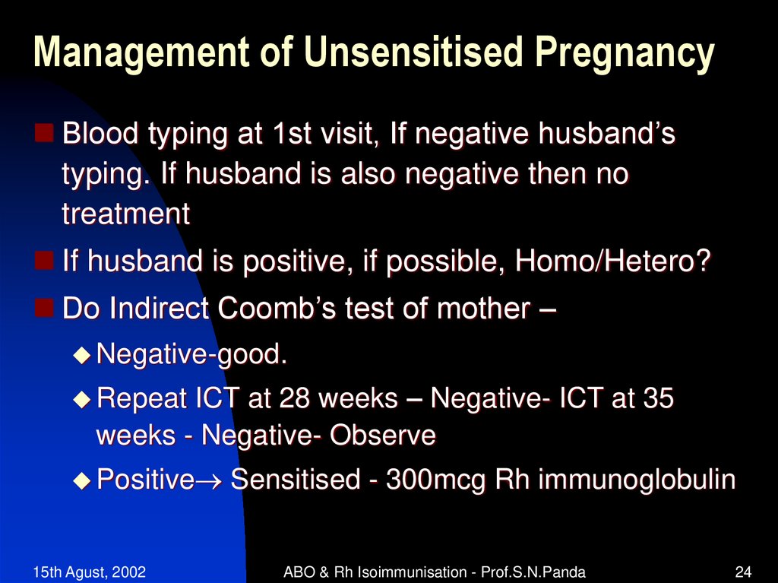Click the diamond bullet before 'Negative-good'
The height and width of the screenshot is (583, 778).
pos(82,354)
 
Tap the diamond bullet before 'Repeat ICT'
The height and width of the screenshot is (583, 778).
pos(82,399)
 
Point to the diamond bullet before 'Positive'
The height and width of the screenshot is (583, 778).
pos(82,480)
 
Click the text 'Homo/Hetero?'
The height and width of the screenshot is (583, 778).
pos(614,263)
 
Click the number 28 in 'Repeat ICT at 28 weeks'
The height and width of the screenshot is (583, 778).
pos(296,399)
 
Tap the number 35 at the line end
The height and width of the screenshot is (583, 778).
pos(657,399)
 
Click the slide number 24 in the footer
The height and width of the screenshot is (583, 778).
pos(744,572)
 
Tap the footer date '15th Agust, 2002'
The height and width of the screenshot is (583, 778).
pos(90,572)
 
